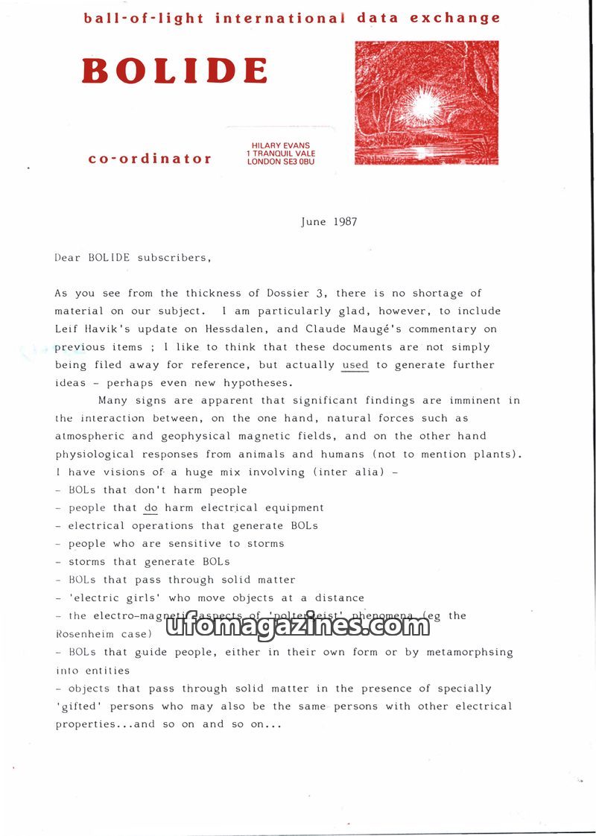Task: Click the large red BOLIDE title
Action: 174,72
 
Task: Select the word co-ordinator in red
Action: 150,159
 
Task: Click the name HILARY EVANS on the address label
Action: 281,145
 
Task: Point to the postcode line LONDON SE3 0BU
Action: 281,162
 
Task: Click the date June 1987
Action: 329,222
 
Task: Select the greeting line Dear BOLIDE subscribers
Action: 133,258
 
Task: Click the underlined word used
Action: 355,365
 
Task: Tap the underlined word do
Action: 151,508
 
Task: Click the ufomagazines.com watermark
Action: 297,627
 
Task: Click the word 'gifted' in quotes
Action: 80,706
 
